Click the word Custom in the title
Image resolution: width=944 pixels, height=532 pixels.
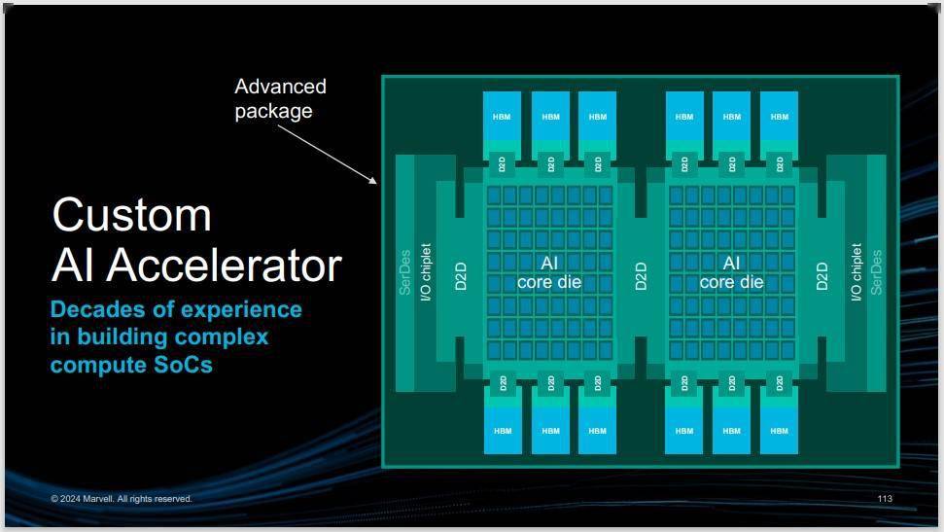coord(132,215)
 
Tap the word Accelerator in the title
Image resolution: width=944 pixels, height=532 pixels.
coord(224,266)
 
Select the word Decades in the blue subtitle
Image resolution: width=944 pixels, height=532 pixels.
coord(97,309)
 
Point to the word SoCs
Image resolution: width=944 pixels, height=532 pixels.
coord(183,365)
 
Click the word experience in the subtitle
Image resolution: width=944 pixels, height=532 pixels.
coord(241,310)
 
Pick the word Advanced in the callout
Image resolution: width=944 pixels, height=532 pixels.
coord(281,87)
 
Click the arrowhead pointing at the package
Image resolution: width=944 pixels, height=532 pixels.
coord(374,180)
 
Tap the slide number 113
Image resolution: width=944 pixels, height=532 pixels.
coord(885,498)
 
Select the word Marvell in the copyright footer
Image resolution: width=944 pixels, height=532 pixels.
coord(98,499)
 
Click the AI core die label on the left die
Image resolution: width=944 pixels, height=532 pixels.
coord(549,272)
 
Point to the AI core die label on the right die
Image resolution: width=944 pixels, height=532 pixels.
coord(731,272)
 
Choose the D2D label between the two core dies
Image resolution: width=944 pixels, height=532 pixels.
coord(641,276)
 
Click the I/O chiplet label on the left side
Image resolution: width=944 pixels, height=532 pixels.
coord(426,272)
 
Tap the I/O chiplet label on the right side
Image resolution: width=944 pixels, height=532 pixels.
coord(857,272)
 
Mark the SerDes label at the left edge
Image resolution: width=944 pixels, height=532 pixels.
coord(405,272)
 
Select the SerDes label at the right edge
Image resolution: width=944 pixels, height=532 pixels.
coord(876,272)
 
